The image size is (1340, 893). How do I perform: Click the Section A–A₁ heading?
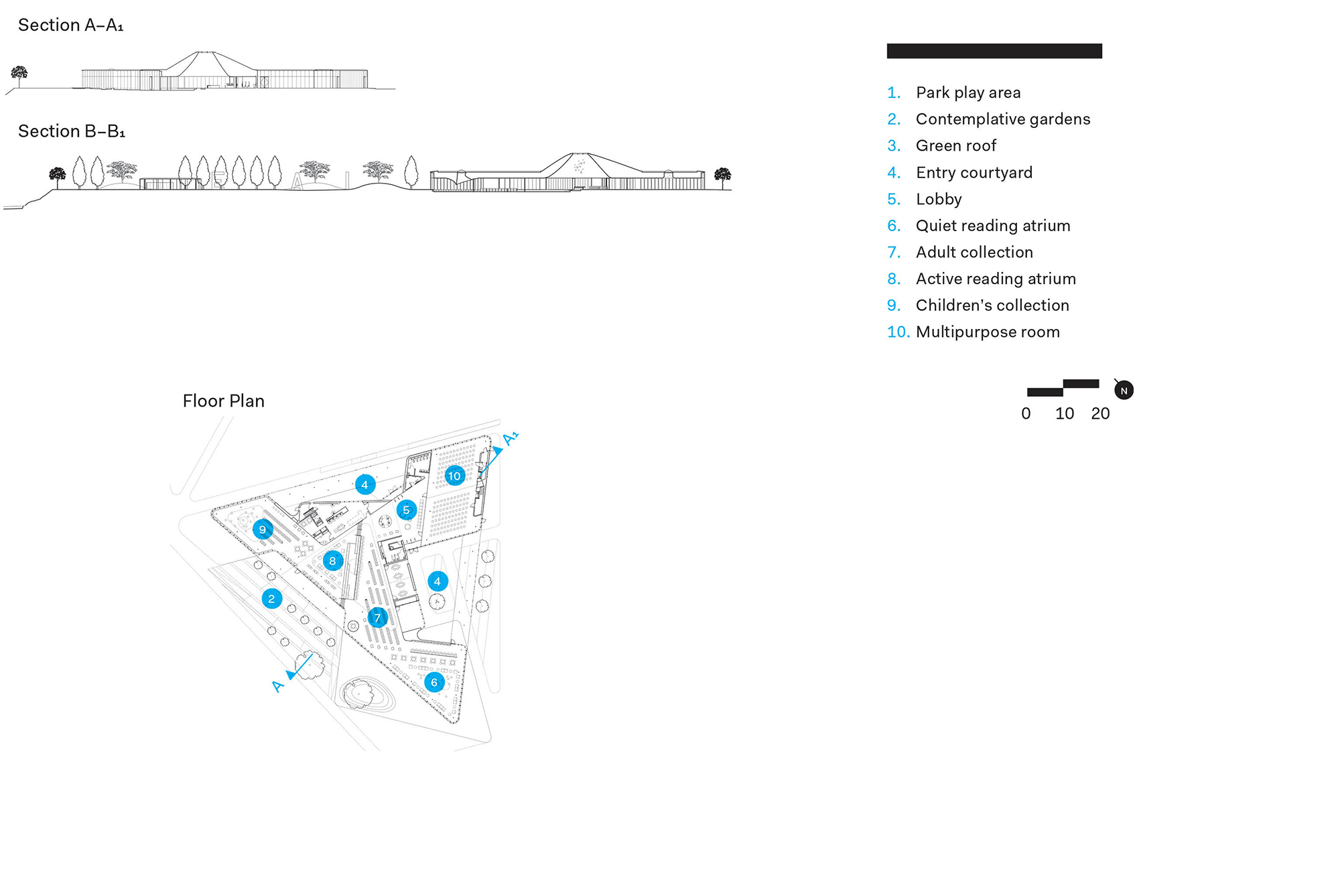(70, 25)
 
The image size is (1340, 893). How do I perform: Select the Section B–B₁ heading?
(72, 131)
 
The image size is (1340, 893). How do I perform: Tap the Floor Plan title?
(223, 401)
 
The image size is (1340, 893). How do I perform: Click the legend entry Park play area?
(967, 92)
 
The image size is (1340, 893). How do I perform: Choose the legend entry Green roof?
(955, 145)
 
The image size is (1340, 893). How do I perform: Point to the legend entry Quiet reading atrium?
(992, 226)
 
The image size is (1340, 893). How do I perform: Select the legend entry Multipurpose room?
(987, 332)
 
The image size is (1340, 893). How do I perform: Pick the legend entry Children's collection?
(992, 305)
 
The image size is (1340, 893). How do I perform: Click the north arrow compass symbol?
(1124, 390)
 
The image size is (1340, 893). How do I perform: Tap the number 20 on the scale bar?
(1100, 413)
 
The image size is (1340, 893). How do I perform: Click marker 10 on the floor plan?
(454, 476)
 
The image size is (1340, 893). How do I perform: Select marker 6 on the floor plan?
(434, 683)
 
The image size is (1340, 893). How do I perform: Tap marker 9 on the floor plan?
(263, 529)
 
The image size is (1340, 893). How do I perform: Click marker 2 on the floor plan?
(271, 599)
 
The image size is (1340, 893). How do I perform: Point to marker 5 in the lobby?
(406, 510)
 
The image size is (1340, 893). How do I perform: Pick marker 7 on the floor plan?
(377, 618)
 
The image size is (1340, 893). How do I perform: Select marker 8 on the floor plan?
(332, 561)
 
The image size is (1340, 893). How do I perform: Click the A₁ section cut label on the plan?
(510, 439)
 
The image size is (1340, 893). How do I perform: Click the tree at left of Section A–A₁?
(19, 74)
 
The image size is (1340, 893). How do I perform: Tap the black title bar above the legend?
(994, 51)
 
